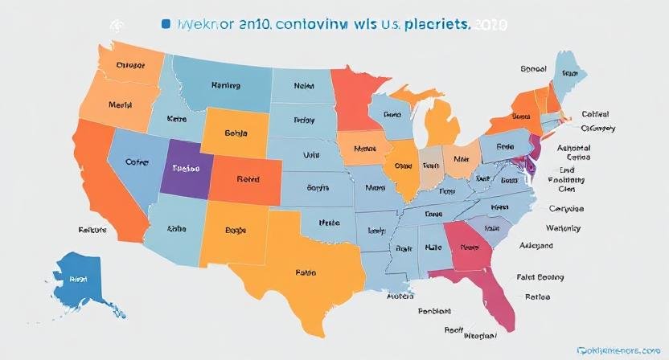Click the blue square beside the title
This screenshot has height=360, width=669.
(x=166, y=25)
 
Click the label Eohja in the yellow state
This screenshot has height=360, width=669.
(x=235, y=133)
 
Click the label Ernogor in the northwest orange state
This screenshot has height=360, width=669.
(x=131, y=66)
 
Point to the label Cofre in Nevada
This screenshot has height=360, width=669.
(x=137, y=161)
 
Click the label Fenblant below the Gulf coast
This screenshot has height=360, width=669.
(x=436, y=310)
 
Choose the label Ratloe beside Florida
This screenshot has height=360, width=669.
(x=537, y=297)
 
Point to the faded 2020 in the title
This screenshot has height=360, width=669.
(x=489, y=25)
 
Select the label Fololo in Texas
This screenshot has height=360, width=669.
(x=306, y=272)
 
